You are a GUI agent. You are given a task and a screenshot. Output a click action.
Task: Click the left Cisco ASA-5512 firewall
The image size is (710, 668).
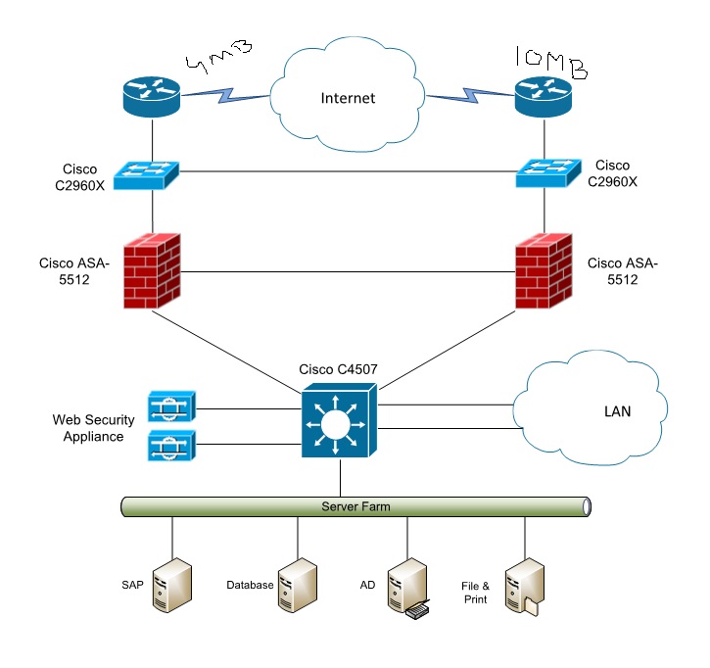(151, 270)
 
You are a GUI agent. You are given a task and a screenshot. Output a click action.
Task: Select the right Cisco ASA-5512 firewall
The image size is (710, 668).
(545, 270)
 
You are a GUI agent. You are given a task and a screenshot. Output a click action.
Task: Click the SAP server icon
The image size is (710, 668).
(172, 585)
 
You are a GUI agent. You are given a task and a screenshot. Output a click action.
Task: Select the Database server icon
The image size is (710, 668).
(297, 585)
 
